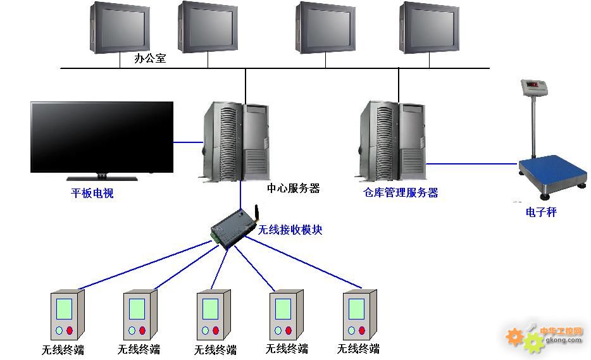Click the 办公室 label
pos(150,59)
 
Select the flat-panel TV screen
pos(102,136)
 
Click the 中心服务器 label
pos(293,188)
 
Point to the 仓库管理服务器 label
pos(401,193)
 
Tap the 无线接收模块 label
pos(290,230)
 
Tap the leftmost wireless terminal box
pos(67,314)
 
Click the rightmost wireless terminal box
pos(359,314)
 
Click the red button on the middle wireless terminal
pos(216,331)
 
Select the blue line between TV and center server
pos(188,142)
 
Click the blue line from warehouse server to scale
pos(471,164)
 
